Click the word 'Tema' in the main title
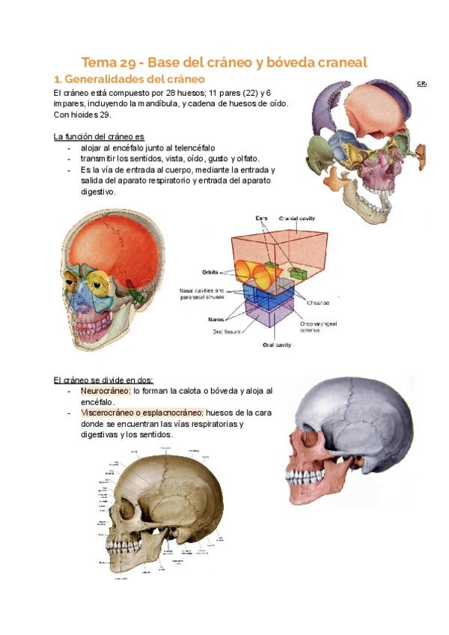(x=99, y=62)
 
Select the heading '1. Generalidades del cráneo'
(x=129, y=79)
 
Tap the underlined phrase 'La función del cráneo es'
(x=99, y=137)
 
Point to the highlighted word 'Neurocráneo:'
(x=105, y=391)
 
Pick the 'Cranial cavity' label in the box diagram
(x=298, y=218)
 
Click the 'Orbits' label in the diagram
(x=210, y=273)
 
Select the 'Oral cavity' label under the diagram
(x=276, y=345)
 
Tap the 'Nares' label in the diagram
(x=216, y=319)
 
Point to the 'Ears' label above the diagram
(x=261, y=218)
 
